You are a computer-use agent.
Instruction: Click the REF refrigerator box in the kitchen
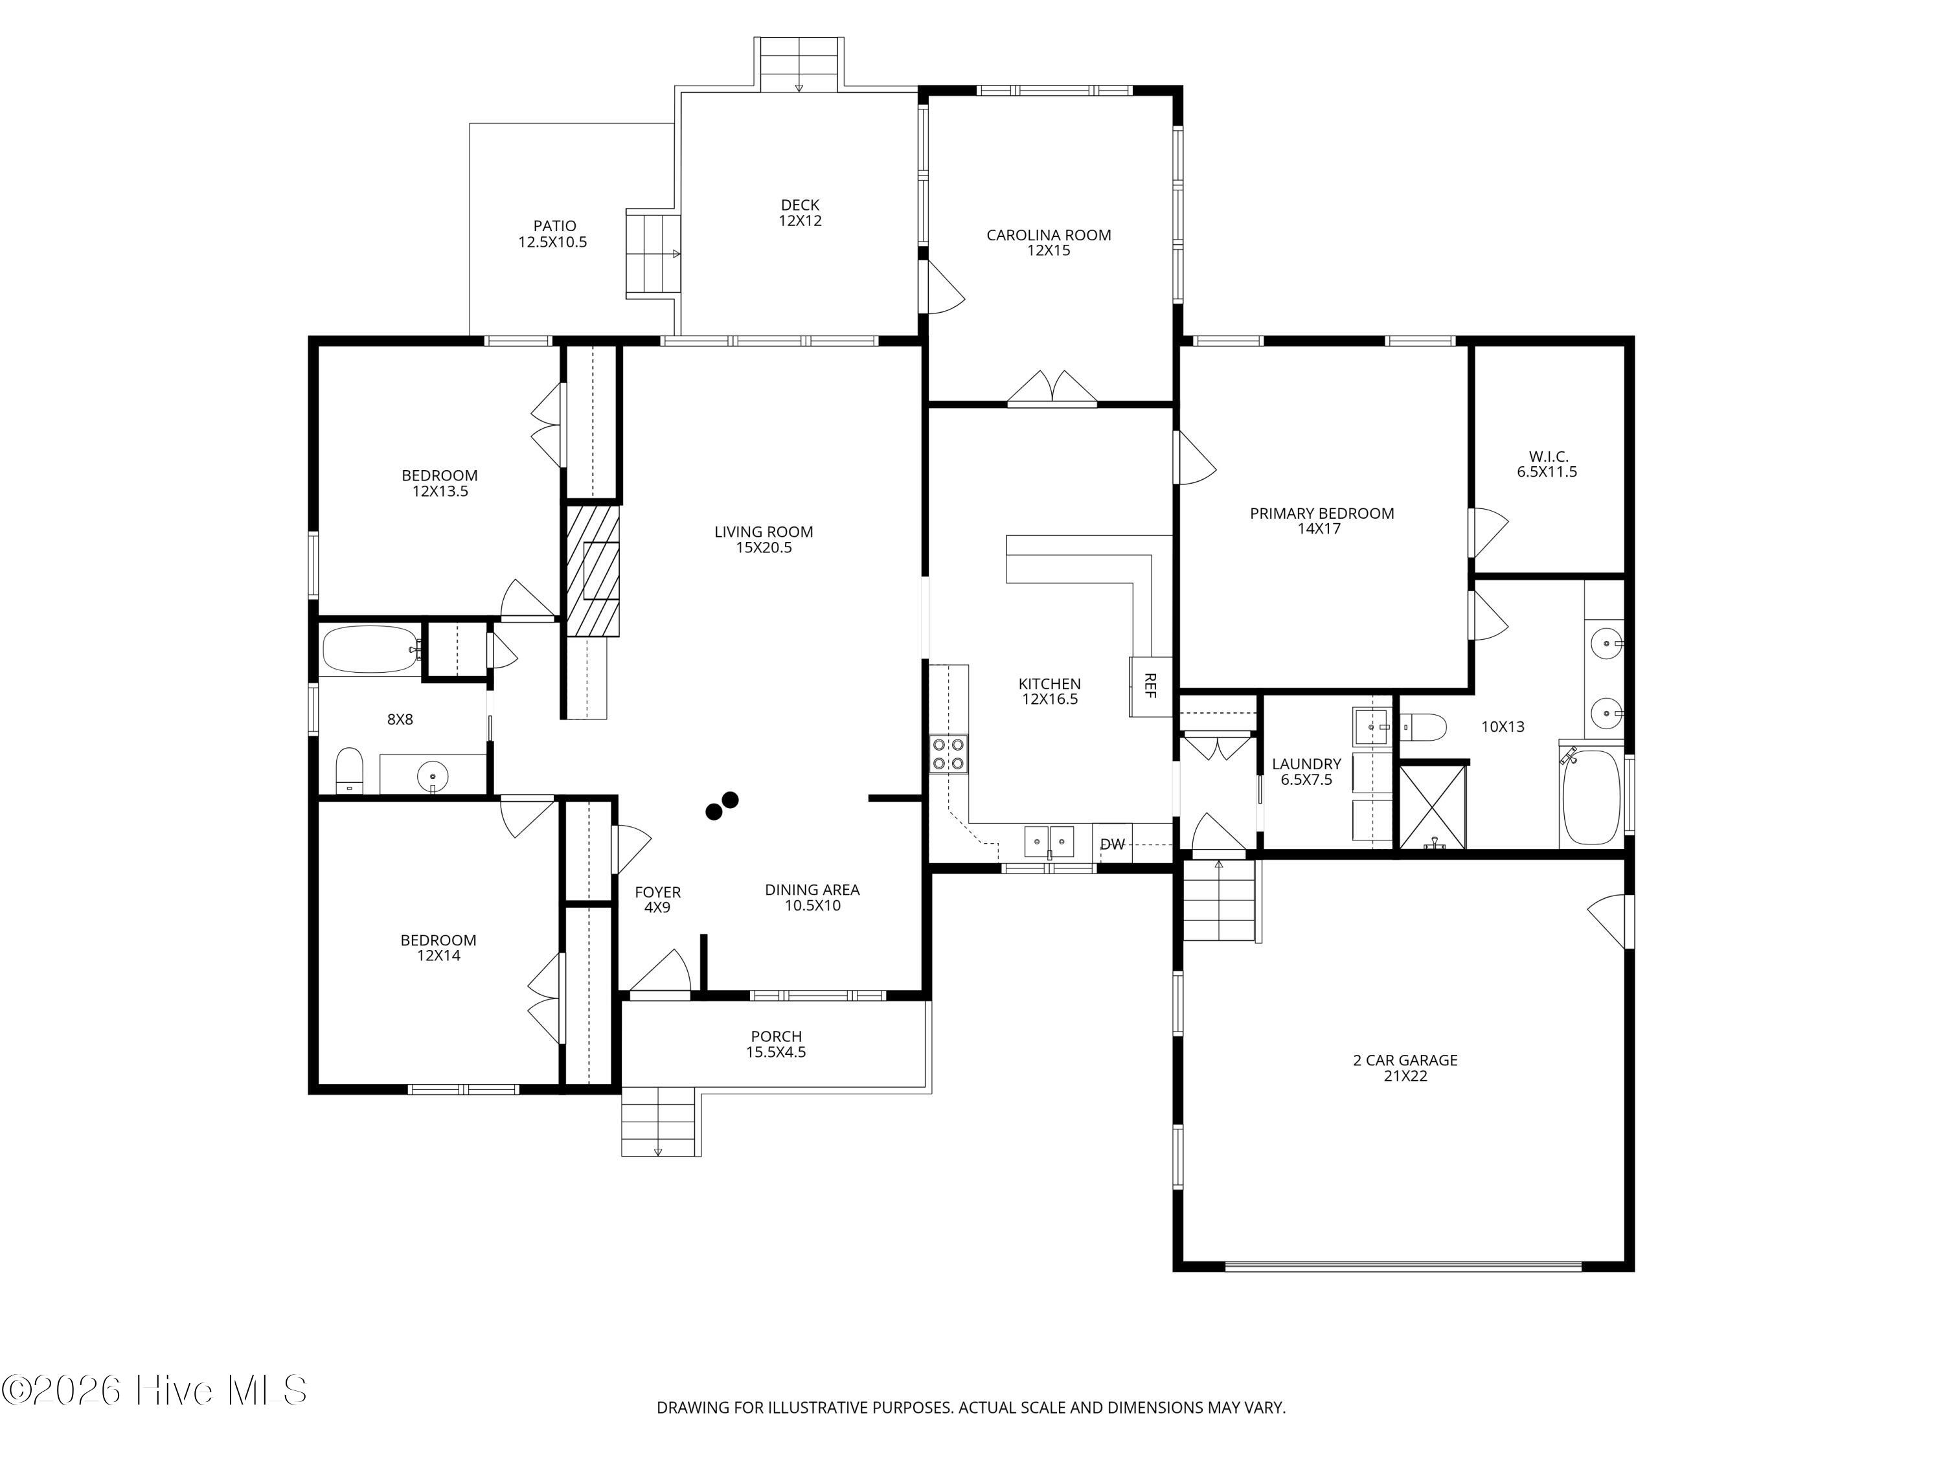pos(1151,686)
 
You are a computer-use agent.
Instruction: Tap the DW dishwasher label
pos(1112,844)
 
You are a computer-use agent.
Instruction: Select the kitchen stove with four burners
pos(949,754)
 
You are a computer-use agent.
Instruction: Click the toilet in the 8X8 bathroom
pos(350,770)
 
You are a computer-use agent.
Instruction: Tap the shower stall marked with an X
pos(1433,806)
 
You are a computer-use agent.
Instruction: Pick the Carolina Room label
pos(1049,235)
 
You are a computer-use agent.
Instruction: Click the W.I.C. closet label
pos(1548,457)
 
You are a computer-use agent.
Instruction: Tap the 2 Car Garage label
pos(1405,1060)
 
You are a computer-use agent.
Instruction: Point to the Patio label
pos(555,226)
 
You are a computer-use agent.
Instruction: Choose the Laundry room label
pos(1307,764)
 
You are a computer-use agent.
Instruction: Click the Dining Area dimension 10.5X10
pos(813,905)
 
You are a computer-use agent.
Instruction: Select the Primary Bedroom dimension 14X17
pos(1319,528)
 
